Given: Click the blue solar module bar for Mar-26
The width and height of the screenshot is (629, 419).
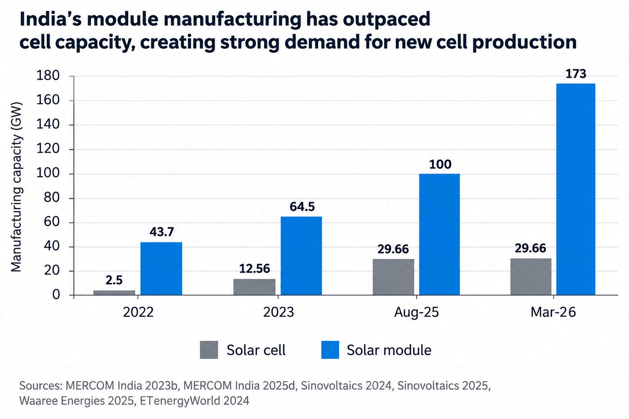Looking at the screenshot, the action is click(576, 189).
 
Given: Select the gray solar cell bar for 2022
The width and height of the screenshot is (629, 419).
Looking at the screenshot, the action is click(114, 293).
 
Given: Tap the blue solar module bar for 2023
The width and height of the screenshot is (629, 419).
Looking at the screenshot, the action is click(301, 256).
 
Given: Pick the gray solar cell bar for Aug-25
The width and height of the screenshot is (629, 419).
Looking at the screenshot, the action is click(394, 277).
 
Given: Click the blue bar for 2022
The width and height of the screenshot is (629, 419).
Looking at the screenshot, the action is click(161, 268).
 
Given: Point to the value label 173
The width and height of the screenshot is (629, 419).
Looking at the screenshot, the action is click(576, 74).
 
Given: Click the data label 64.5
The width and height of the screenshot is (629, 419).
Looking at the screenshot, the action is click(302, 207).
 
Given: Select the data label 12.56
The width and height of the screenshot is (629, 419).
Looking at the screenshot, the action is click(254, 269).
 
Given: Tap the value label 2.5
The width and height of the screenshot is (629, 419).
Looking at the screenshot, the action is click(114, 280).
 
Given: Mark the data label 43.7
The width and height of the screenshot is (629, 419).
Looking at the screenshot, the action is click(162, 232).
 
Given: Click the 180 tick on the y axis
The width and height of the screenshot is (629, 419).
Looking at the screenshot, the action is click(48, 76).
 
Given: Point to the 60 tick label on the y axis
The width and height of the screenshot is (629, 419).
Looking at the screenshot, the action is click(52, 222).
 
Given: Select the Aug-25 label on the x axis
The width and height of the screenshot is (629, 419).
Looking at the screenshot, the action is click(416, 312).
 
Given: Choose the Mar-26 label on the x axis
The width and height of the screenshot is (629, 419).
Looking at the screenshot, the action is click(553, 312).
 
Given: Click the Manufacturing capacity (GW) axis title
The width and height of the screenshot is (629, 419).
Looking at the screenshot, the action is click(16, 187).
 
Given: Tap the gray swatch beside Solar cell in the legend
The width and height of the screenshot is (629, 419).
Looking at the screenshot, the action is click(209, 350).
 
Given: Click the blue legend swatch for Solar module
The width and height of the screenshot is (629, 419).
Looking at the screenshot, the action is click(330, 350).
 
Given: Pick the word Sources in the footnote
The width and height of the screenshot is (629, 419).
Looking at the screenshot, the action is click(41, 385).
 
